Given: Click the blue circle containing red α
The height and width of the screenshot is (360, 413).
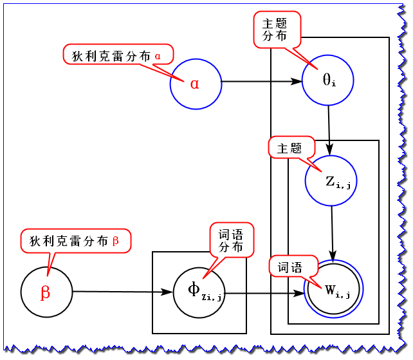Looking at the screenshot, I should click(196, 83).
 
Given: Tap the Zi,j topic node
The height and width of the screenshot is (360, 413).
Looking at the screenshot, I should click(332, 181).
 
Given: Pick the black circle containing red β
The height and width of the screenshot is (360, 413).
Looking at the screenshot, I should click(46, 292).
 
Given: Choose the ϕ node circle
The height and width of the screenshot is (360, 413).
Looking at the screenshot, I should click(199, 291).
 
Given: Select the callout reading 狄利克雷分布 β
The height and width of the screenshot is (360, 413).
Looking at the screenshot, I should click(75, 241).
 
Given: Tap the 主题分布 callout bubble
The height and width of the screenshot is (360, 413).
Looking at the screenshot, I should click(277, 30).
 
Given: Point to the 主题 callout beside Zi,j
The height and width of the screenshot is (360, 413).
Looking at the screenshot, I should click(289, 148).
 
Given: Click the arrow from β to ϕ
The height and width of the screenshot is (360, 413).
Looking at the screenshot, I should click(122, 292).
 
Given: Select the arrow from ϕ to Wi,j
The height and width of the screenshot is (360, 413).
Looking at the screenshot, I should click(264, 293).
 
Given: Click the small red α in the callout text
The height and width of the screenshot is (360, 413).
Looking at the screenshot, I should click(158, 56).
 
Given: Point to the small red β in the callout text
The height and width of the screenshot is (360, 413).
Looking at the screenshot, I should click(116, 241).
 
